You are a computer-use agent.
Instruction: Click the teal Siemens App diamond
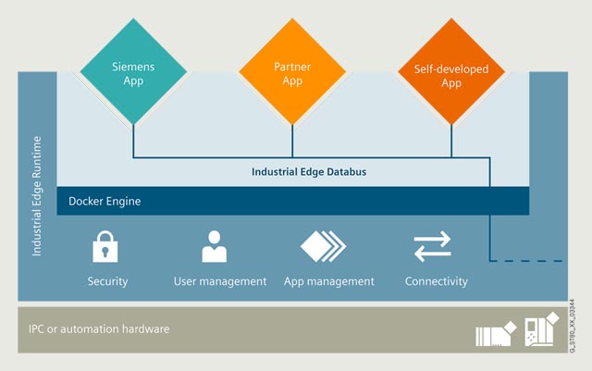[x=134, y=73]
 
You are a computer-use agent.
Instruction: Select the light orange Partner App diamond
[x=292, y=73]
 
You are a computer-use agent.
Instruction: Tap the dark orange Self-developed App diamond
[x=451, y=73]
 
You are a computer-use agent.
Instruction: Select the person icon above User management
[x=214, y=247]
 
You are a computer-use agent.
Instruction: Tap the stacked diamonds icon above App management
[x=322, y=246]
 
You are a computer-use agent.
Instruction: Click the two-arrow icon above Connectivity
[x=432, y=246]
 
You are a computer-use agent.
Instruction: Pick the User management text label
[x=220, y=281]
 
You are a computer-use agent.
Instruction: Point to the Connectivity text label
[x=437, y=281]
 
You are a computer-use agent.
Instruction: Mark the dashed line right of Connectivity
[x=527, y=261]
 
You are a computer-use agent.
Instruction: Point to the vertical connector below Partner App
[x=292, y=139]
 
